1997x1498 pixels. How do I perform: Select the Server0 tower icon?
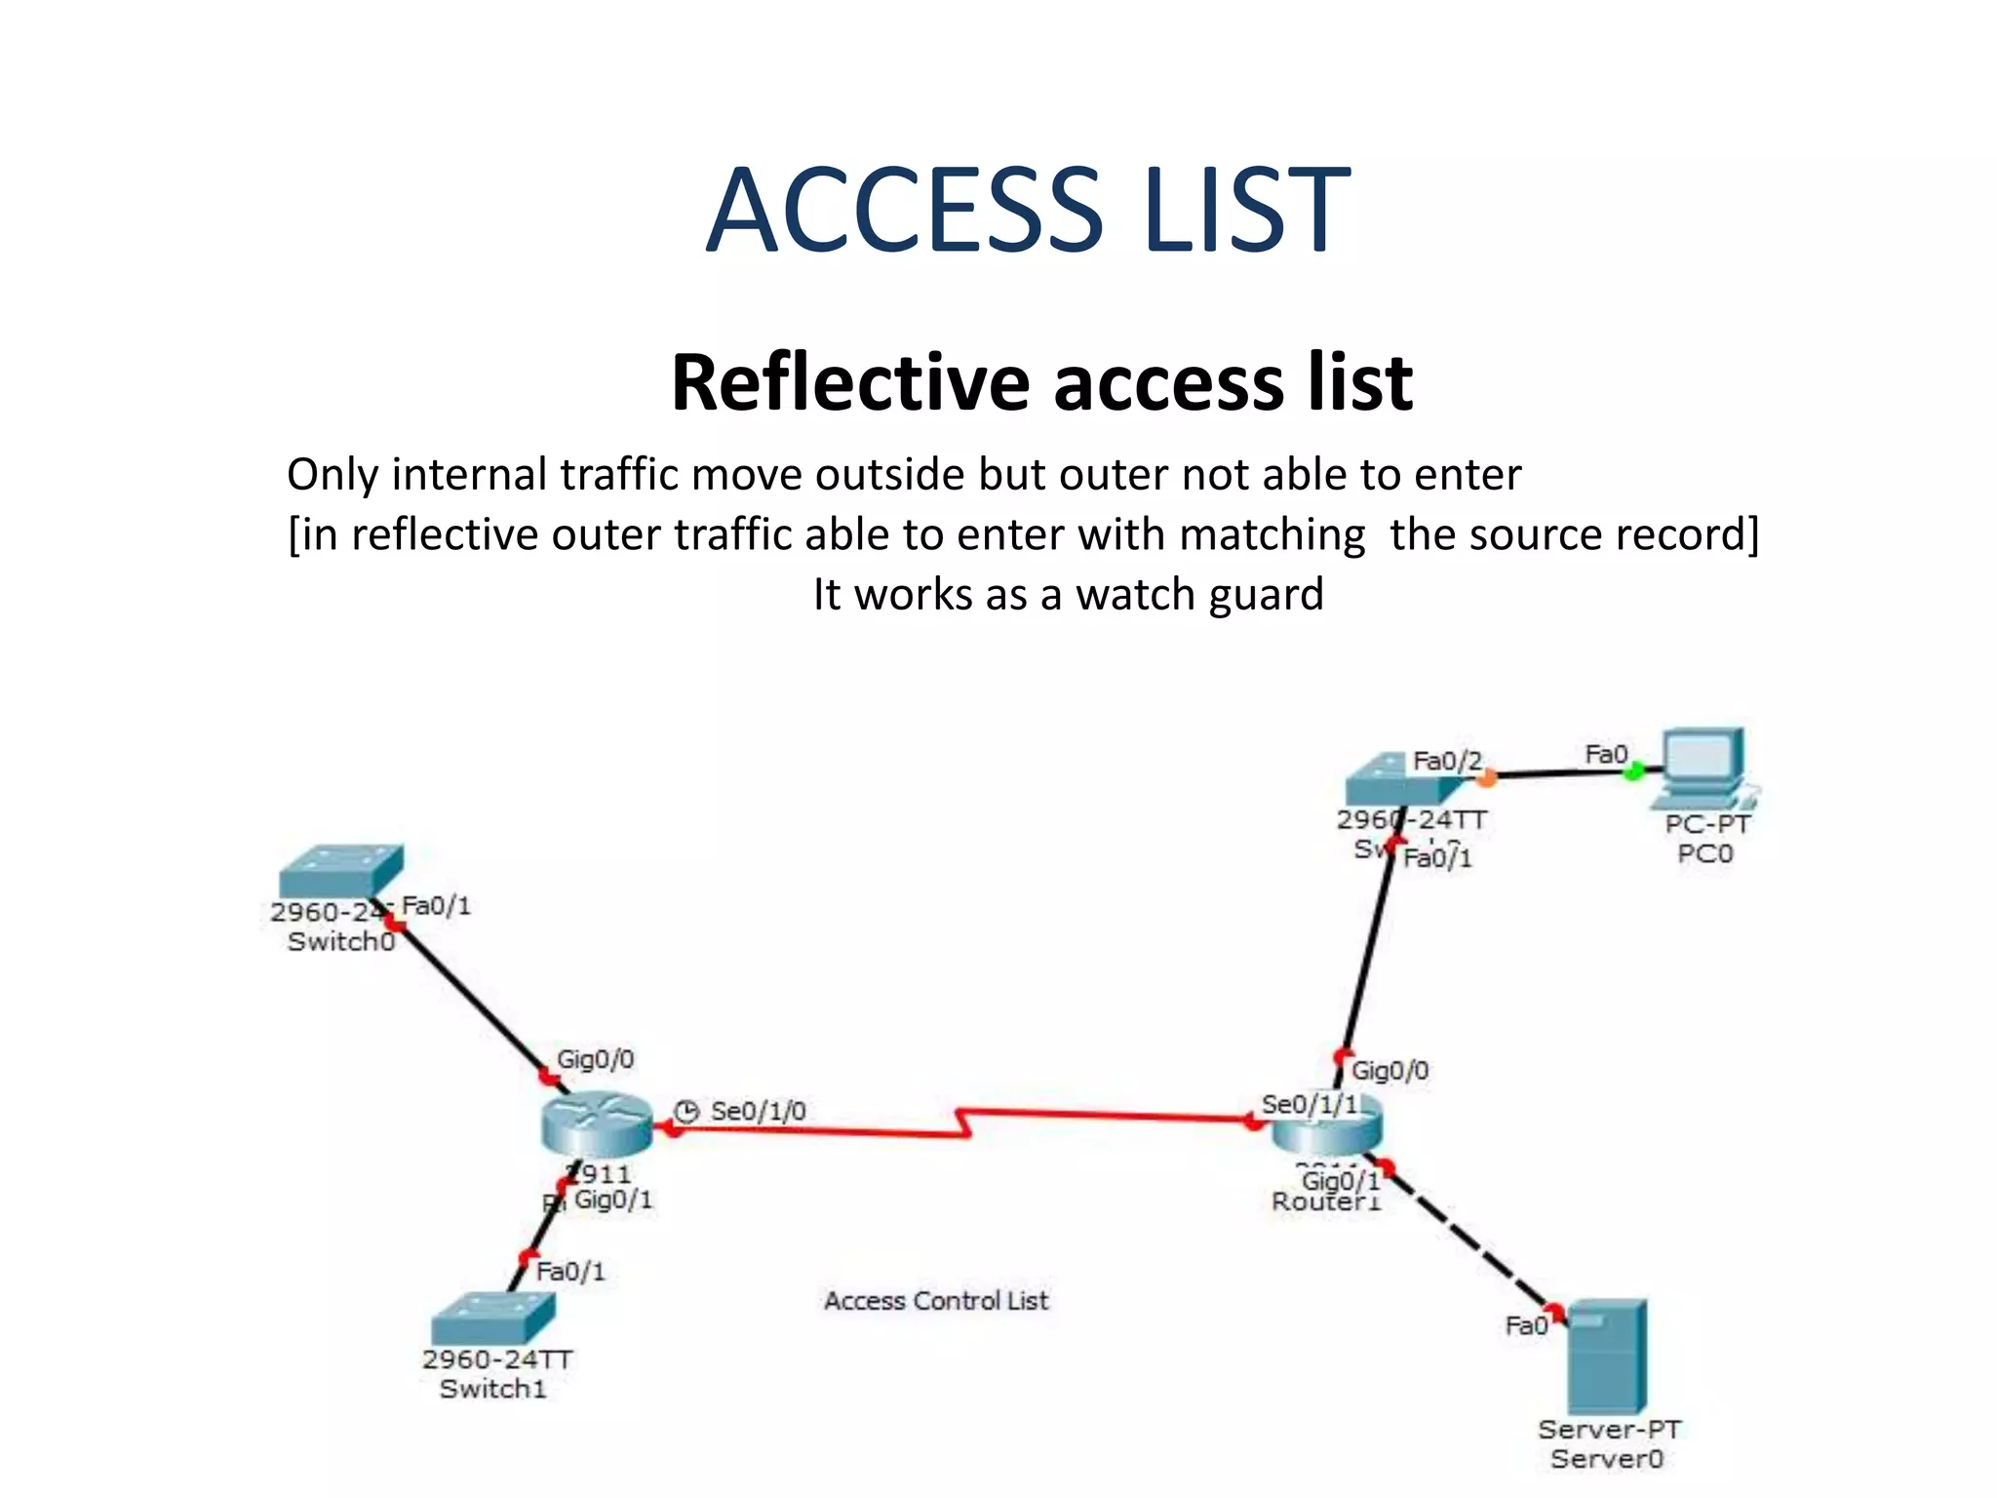[1606, 1355]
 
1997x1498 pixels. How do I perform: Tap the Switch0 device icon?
[340, 870]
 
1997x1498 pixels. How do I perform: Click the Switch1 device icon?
[493, 1318]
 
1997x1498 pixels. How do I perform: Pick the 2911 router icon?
[597, 1123]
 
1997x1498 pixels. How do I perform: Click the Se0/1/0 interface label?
[758, 1111]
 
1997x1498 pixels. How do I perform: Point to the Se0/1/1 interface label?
[1309, 1104]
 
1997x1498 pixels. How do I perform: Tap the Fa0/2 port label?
[1447, 761]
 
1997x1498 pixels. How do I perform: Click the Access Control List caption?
[935, 1300]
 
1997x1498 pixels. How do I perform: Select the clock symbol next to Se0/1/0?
[686, 1111]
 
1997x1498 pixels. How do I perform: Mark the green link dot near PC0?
[1632, 772]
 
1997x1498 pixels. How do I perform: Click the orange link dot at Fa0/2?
[1485, 778]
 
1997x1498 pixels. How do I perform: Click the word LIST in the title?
[1247, 210]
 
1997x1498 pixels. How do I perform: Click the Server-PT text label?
[1609, 1429]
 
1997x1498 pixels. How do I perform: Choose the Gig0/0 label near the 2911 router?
[595, 1059]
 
